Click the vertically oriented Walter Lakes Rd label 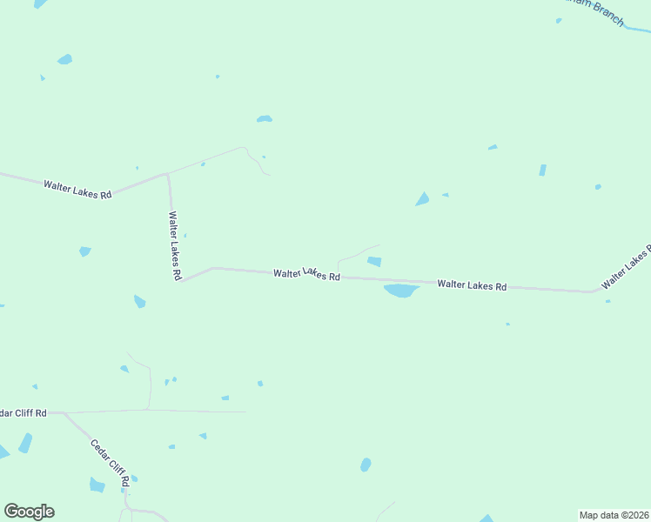[175, 245]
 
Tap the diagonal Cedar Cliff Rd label [111, 462]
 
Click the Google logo [29, 512]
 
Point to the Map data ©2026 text [614, 515]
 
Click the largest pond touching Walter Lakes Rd [401, 291]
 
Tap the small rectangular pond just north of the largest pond [374, 261]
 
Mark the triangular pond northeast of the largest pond [423, 200]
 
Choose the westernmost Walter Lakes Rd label [77, 188]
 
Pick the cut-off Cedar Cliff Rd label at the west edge [23, 412]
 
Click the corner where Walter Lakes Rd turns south [167, 174]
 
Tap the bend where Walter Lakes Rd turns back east [180, 281]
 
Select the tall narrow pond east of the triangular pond [542, 170]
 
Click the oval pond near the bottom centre [366, 465]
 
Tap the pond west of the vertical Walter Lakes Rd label [84, 251]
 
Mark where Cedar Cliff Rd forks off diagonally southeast [64, 413]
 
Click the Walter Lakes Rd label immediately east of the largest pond [472, 284]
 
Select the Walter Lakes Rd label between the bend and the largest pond [305, 274]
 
